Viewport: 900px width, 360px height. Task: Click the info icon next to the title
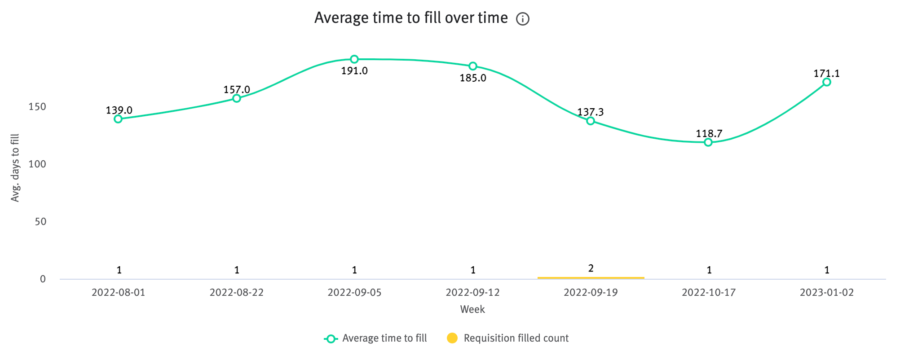point(523,19)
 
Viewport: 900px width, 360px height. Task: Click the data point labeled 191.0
point(354,59)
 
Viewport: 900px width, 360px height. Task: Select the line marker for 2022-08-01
point(118,119)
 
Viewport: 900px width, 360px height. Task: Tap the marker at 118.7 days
point(708,142)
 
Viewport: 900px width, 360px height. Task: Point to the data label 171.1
point(826,74)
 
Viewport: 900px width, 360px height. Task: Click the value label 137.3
point(590,112)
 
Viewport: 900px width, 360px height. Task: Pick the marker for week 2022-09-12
point(473,66)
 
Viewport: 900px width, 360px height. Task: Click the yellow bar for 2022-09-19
point(591,278)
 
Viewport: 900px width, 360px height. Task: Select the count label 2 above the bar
point(591,268)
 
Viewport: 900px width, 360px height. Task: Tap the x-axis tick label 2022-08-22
point(236,293)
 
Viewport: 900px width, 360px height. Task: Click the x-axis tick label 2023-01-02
point(826,293)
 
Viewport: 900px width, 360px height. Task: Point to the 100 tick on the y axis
point(37,164)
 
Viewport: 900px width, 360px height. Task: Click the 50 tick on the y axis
point(40,222)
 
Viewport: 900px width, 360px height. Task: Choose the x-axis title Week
point(472,309)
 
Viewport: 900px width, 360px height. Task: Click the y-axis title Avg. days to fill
point(15,168)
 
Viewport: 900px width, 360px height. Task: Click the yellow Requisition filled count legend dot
point(452,338)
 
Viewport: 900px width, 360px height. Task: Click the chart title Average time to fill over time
point(411,18)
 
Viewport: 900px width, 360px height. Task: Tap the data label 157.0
point(237,90)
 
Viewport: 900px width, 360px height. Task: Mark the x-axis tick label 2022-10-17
point(708,293)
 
